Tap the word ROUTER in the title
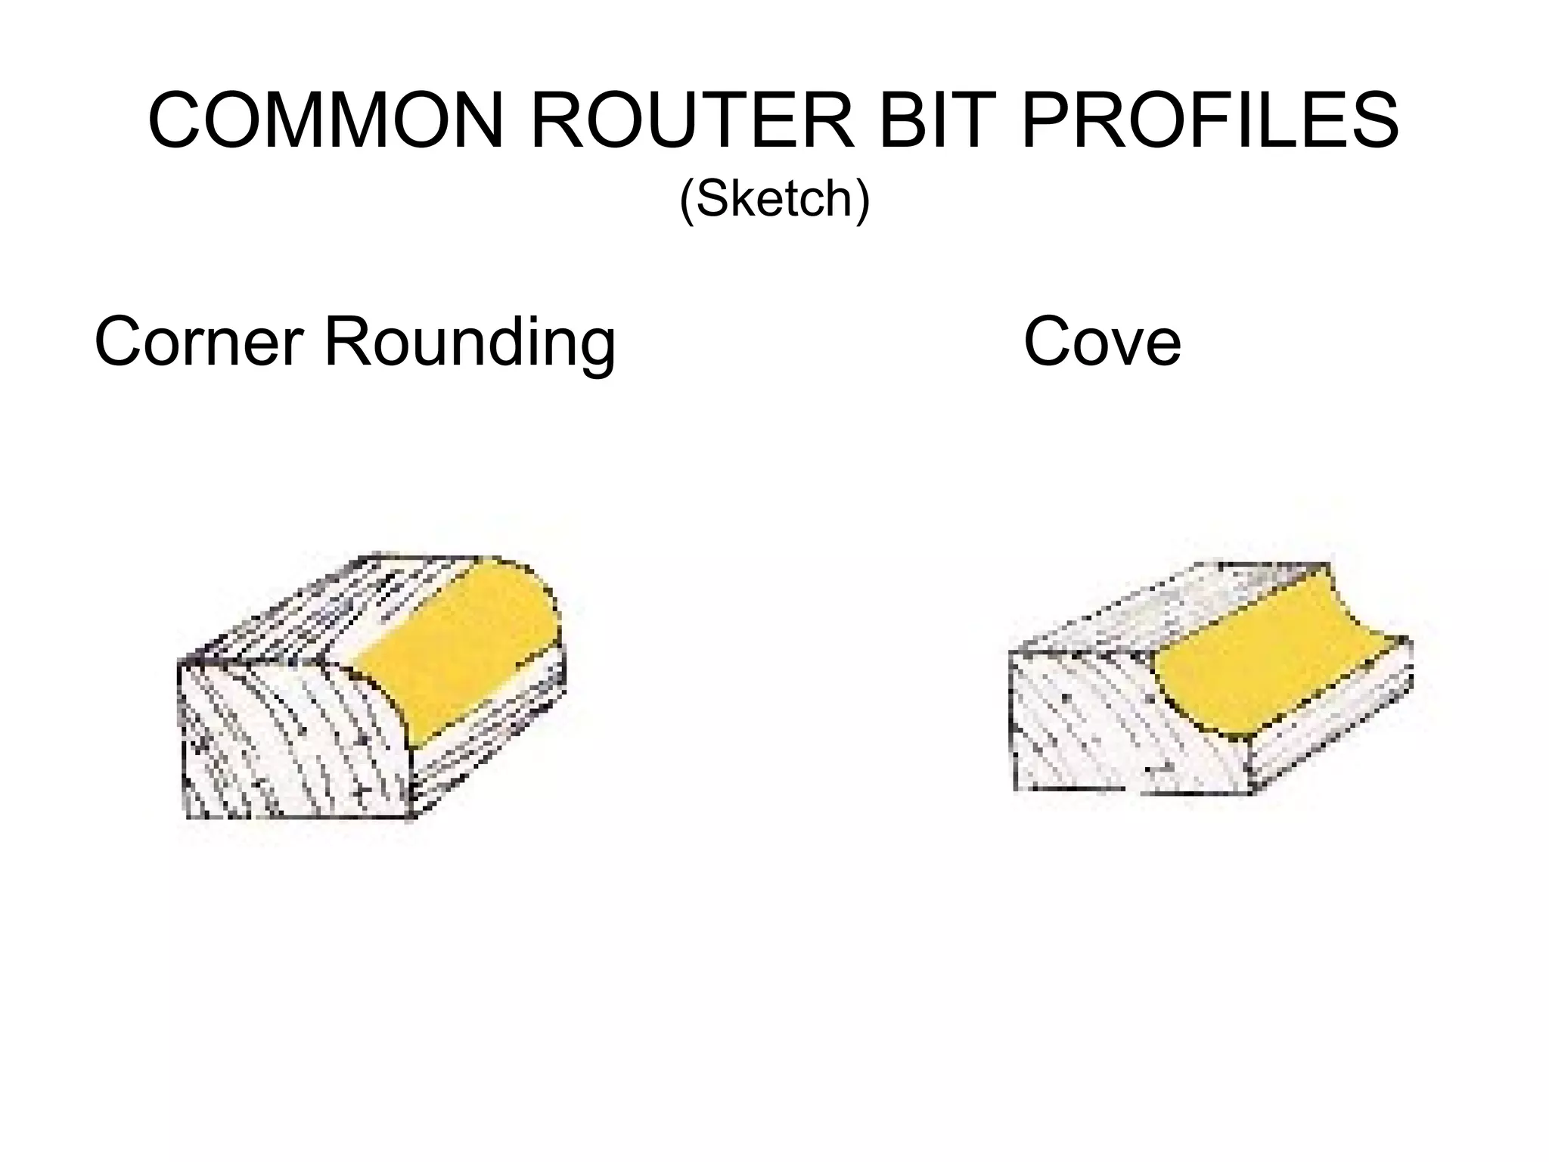[691, 121]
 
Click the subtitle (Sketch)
[774, 199]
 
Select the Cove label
[1101, 343]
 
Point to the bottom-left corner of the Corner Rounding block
[186, 817]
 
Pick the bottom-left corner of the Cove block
[1015, 790]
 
